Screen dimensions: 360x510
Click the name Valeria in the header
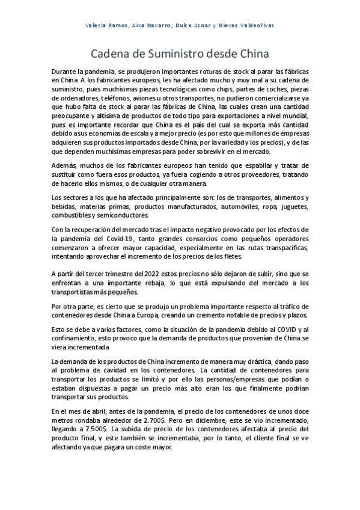click(x=100, y=25)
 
